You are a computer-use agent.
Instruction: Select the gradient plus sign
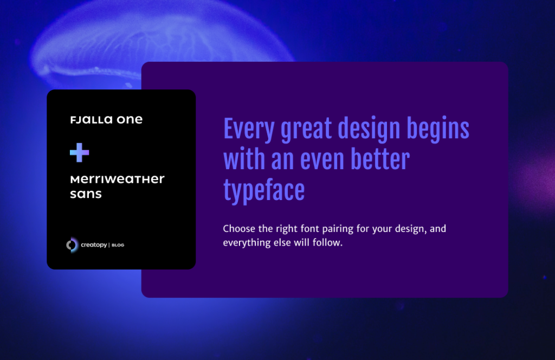tap(80, 153)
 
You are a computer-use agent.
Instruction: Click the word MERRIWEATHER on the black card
tap(117, 179)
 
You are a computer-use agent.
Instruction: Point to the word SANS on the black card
tap(86, 194)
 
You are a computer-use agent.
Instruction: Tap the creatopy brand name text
tap(94, 245)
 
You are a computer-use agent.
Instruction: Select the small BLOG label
tap(118, 246)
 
